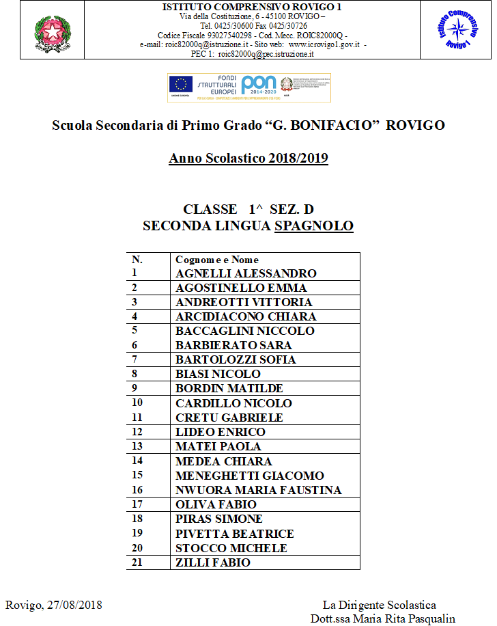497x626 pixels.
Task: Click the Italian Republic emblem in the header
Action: [x=47, y=31]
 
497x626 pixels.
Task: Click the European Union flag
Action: [x=180, y=84]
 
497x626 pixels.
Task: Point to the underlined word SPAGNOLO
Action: [x=314, y=226]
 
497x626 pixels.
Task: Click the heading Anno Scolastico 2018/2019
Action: [x=248, y=159]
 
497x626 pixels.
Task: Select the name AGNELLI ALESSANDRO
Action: [x=246, y=273]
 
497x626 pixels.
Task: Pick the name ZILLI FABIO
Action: [x=212, y=562]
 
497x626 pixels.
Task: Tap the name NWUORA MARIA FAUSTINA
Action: [x=258, y=490]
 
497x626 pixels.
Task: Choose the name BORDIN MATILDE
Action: [x=229, y=389]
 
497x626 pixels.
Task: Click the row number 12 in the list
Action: [x=137, y=432]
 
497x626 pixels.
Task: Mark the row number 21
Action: [x=137, y=562]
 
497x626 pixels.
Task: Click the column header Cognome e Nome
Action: [x=217, y=260]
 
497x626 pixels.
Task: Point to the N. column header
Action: [x=137, y=260]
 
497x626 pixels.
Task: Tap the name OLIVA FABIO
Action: [x=216, y=504]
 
